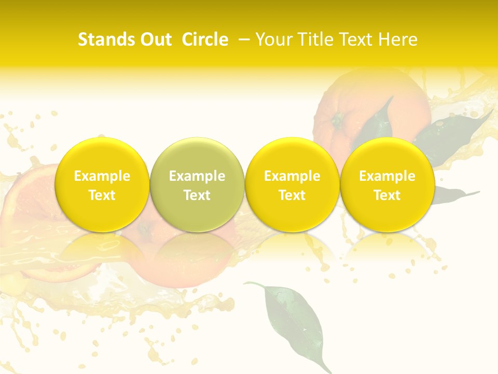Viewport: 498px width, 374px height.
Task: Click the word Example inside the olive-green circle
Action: [197, 176]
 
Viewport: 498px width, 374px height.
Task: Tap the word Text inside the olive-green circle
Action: [197, 195]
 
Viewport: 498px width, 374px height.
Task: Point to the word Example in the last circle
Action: [388, 176]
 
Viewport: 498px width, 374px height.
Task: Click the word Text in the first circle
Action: [102, 195]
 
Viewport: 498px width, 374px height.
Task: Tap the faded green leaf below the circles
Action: [293, 317]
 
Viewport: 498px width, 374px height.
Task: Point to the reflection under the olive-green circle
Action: [197, 255]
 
